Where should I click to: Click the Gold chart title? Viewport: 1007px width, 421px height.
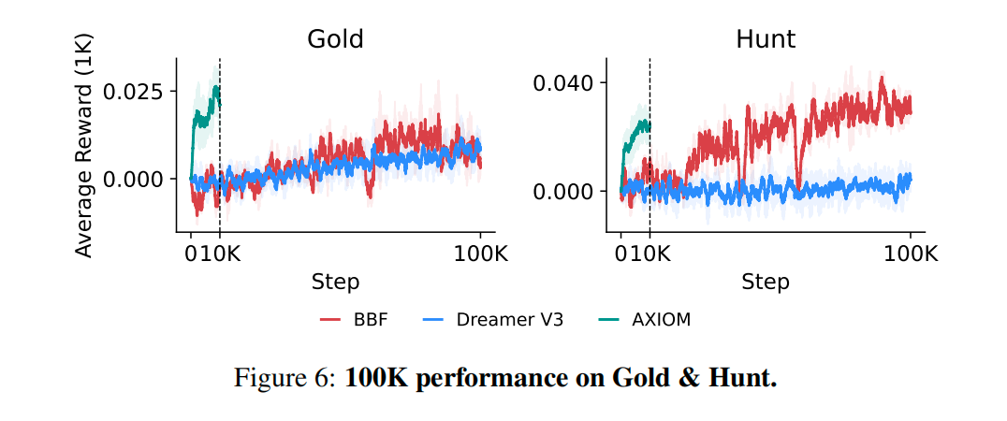(x=335, y=39)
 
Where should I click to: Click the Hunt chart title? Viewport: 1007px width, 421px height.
(x=766, y=39)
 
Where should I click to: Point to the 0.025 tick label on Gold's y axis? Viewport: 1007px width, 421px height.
(x=139, y=92)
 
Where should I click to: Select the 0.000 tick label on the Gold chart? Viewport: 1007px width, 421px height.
(x=139, y=179)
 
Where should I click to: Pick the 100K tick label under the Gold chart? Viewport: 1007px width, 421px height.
(x=480, y=254)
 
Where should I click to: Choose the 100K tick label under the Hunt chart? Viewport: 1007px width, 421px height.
(x=911, y=254)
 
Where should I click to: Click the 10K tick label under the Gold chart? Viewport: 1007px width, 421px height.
(x=224, y=254)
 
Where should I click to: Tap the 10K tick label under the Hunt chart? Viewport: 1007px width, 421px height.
(x=654, y=254)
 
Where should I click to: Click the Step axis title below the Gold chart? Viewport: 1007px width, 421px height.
(x=335, y=282)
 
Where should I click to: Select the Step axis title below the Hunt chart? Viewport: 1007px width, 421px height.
(x=766, y=282)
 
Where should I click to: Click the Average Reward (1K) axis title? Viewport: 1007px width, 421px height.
(x=84, y=145)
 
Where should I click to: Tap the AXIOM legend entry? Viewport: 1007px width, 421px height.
(x=661, y=320)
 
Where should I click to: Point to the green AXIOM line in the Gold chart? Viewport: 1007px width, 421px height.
(x=201, y=118)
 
